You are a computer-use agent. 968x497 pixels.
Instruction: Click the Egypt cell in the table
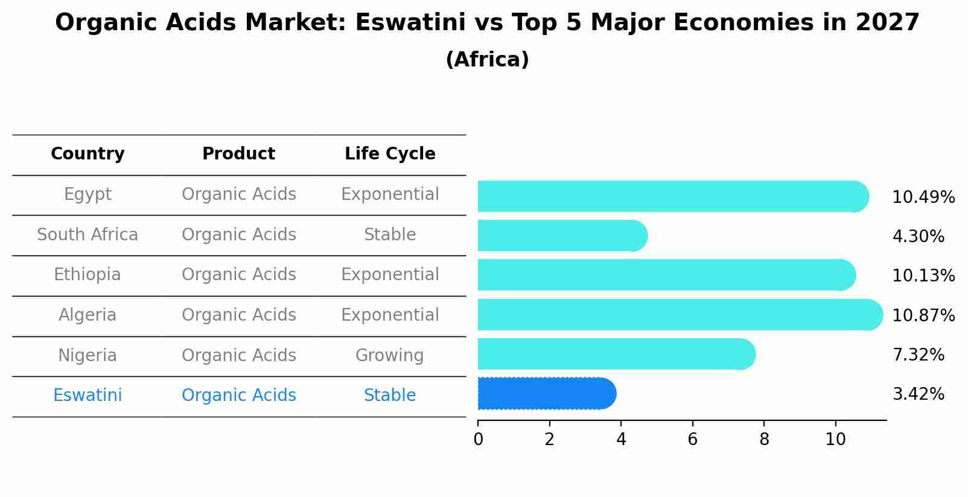88,194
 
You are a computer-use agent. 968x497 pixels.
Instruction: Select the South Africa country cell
88,235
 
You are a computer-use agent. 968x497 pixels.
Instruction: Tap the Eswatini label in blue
88,396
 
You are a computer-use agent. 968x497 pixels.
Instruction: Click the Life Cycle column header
390,154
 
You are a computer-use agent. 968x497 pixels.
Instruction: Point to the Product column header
238,154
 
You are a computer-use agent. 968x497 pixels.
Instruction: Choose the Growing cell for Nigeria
390,356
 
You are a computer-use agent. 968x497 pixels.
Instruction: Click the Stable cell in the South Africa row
390,235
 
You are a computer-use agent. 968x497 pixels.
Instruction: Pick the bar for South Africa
562,236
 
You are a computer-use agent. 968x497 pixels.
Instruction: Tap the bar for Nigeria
616,354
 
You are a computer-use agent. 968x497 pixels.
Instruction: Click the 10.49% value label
923,197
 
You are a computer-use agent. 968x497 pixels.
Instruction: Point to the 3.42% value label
918,394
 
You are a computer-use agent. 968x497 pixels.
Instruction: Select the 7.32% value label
918,355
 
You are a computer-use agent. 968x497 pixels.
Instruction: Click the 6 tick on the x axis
692,440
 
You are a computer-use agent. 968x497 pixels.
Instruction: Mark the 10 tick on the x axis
835,440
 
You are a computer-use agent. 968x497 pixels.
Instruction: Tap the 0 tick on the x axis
478,440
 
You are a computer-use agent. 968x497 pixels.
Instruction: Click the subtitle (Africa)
487,60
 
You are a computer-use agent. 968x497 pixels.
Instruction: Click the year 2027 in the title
887,23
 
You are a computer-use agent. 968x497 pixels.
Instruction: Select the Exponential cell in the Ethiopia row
390,275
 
